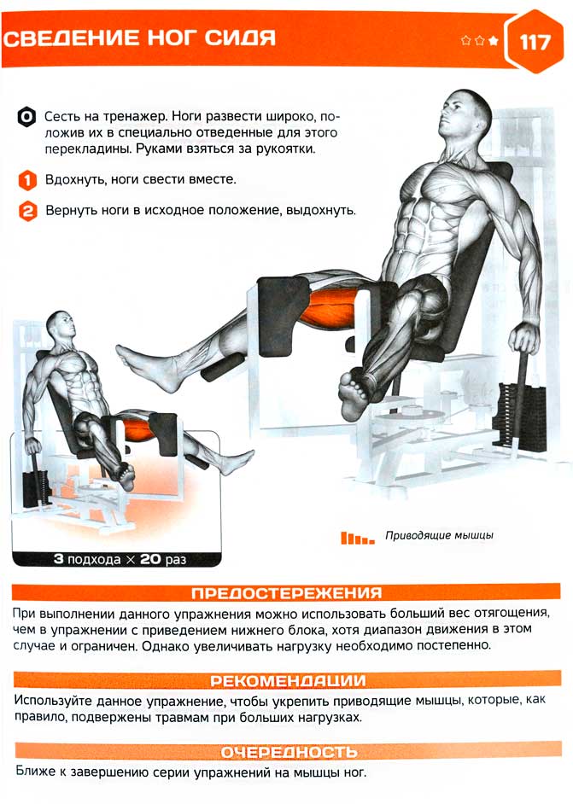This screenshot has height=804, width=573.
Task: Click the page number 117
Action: [x=535, y=42]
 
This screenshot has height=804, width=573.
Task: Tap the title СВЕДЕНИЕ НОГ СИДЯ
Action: [x=139, y=38]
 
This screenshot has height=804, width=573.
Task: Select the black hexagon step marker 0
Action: [x=26, y=117]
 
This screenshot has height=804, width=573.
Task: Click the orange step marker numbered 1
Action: [x=27, y=180]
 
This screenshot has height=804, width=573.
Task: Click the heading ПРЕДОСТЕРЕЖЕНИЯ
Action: [x=287, y=593]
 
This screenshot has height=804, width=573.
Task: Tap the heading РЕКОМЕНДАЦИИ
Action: [x=288, y=681]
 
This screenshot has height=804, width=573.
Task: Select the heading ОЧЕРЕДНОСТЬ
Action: [x=289, y=752]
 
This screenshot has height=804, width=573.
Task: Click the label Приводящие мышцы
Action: [x=439, y=536]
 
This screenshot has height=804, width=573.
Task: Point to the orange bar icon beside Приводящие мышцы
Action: [x=358, y=538]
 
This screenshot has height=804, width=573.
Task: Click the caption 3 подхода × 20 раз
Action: [x=120, y=559]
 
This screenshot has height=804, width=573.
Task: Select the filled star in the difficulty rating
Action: [x=494, y=40]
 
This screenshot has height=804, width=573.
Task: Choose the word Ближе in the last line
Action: [x=35, y=772]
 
